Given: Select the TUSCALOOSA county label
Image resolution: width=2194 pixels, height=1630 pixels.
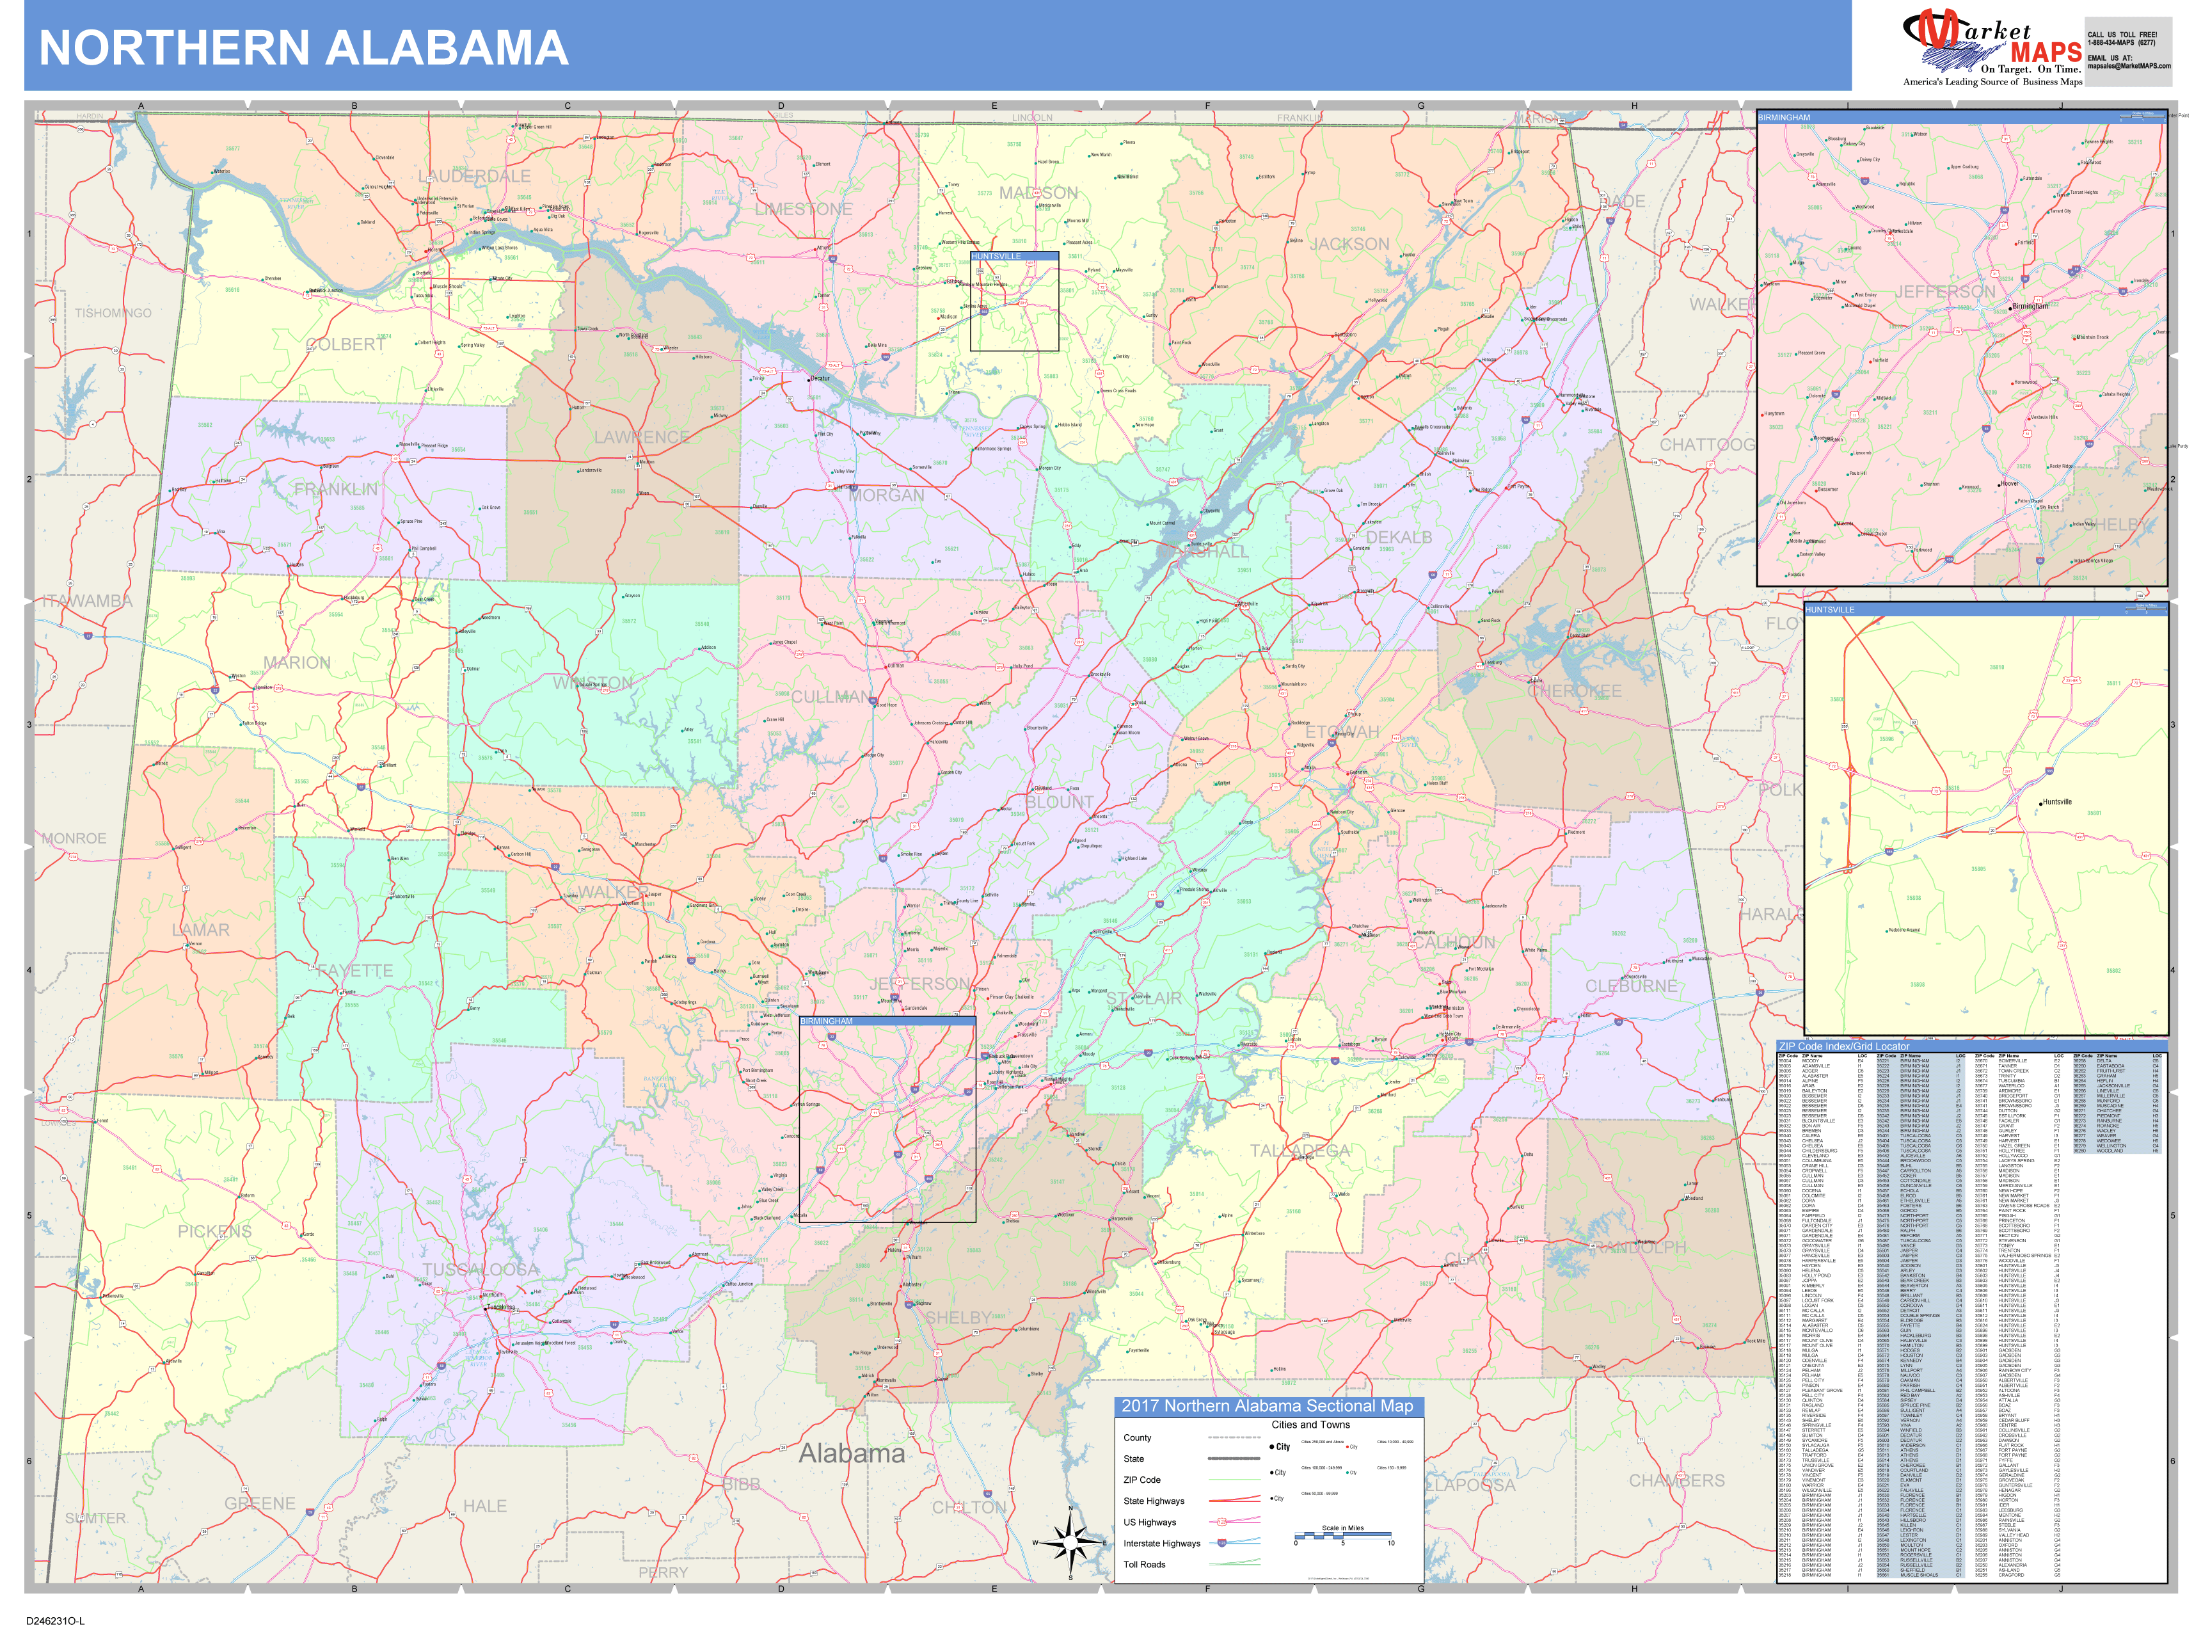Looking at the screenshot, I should (x=481, y=1270).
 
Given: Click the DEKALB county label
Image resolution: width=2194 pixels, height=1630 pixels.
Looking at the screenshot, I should (x=1398, y=538).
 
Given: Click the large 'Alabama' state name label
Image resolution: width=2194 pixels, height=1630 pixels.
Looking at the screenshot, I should (x=852, y=1453).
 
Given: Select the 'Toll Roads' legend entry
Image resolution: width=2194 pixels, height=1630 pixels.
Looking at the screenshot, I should (x=1145, y=1565).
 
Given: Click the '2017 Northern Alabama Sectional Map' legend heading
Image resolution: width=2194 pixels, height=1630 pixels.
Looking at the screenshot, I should (x=1267, y=1406).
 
